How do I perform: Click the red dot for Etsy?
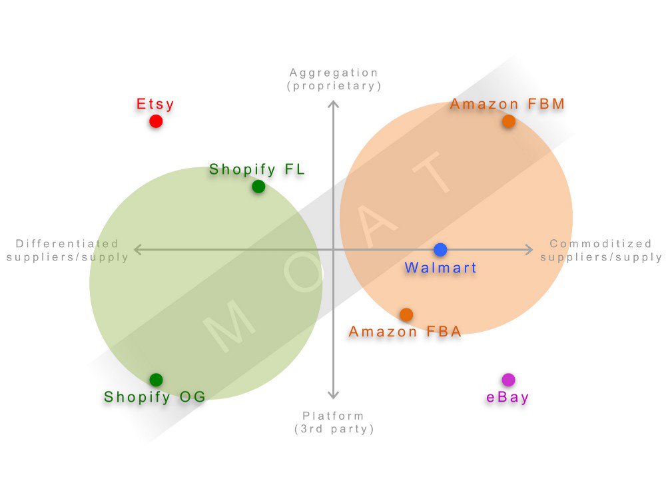point(156,121)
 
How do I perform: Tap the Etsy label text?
point(155,104)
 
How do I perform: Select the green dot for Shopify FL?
point(258,187)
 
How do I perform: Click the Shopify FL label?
point(257,170)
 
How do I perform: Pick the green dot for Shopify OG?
point(156,380)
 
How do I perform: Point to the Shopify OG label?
point(155,397)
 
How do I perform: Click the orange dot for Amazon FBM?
point(509,121)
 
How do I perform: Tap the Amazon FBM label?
point(507,104)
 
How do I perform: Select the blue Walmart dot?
point(440,250)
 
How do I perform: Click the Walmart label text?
point(441,268)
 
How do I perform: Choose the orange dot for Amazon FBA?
point(406,314)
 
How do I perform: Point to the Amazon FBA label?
point(405,332)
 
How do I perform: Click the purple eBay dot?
point(508,380)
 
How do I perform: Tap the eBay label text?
point(507,398)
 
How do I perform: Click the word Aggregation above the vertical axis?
point(334,73)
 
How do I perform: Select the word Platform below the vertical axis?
point(334,416)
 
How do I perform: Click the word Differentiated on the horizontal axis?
point(67,244)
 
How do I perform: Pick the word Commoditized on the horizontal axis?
point(601,244)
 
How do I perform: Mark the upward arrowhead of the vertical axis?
point(334,104)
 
